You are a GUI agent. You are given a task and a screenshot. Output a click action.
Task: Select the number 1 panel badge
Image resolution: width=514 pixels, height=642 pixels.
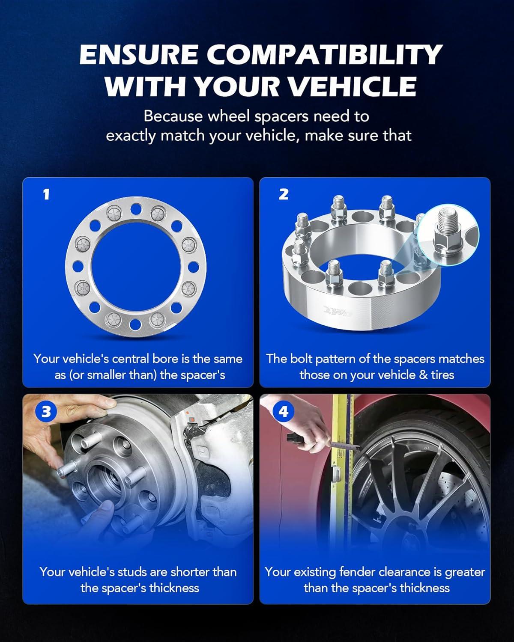coord(46,195)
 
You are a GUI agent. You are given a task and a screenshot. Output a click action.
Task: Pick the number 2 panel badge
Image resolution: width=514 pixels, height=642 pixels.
coord(284,194)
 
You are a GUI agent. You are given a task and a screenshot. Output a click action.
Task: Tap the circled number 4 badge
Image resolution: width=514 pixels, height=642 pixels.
coord(283,412)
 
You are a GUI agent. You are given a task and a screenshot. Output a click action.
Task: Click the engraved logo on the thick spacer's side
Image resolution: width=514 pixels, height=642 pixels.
coord(338,312)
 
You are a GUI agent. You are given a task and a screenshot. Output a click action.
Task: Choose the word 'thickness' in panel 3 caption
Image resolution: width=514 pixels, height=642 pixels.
coord(174,588)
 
